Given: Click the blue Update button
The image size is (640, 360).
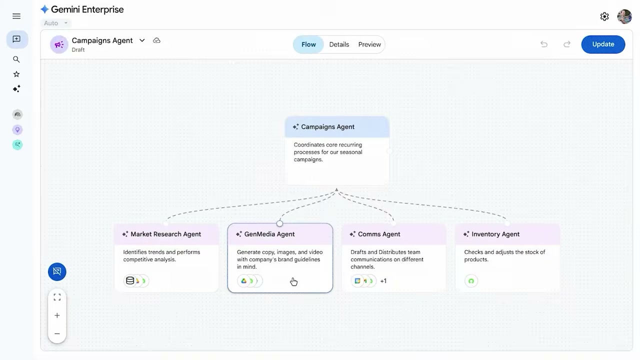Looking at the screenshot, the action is (x=603, y=44).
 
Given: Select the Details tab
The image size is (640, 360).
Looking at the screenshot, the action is (x=339, y=44).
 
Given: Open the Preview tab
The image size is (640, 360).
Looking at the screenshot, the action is (x=369, y=44).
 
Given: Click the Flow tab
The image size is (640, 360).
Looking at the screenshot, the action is (x=308, y=44).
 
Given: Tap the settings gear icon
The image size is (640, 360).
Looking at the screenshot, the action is (x=604, y=16).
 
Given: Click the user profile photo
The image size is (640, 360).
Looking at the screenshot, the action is (x=624, y=16).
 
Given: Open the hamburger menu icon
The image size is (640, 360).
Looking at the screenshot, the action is (x=16, y=16).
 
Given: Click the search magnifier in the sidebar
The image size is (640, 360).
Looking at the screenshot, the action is (x=16, y=59).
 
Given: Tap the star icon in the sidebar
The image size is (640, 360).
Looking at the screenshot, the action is (x=16, y=74).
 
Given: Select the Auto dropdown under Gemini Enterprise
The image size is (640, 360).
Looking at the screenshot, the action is (x=55, y=23).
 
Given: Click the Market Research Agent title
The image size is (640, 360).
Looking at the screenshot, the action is (x=165, y=234).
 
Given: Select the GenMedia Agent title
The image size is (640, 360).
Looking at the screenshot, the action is (x=269, y=234).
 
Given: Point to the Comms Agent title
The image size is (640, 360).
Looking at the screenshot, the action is (x=379, y=234).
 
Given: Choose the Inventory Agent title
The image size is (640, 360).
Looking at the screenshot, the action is (x=495, y=234).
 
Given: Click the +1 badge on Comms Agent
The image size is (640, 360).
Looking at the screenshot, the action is (x=383, y=281).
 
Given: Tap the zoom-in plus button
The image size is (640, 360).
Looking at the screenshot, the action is (x=57, y=315).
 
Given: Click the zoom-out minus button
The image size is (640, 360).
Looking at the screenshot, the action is (x=57, y=333).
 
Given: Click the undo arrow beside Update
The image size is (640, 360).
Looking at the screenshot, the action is (x=544, y=44).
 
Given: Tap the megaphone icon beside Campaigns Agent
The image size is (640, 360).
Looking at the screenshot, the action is (x=59, y=44).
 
